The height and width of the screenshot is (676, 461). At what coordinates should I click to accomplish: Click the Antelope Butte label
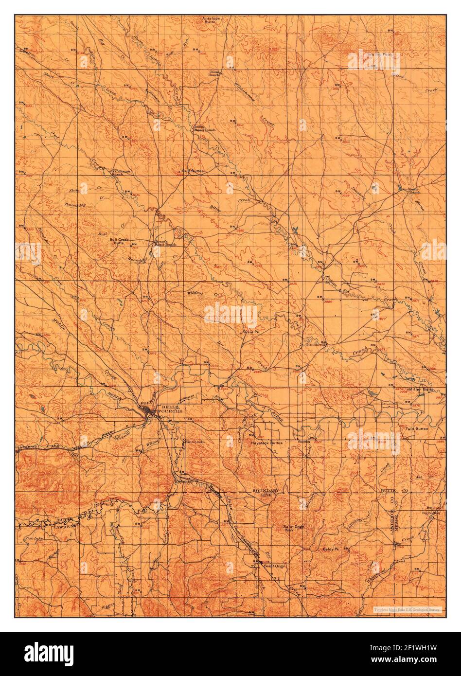pos(211,20)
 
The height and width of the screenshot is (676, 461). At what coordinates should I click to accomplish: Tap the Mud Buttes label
pos(192,171)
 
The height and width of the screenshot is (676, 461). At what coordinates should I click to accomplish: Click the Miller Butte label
pos(422,390)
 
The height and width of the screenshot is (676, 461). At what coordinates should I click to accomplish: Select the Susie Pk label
pos(250,332)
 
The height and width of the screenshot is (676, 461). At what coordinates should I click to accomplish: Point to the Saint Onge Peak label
pos(294,528)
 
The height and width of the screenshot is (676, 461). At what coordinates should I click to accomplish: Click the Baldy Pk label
pos(330,549)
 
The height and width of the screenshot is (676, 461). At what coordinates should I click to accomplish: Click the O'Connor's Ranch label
pos(121,173)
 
